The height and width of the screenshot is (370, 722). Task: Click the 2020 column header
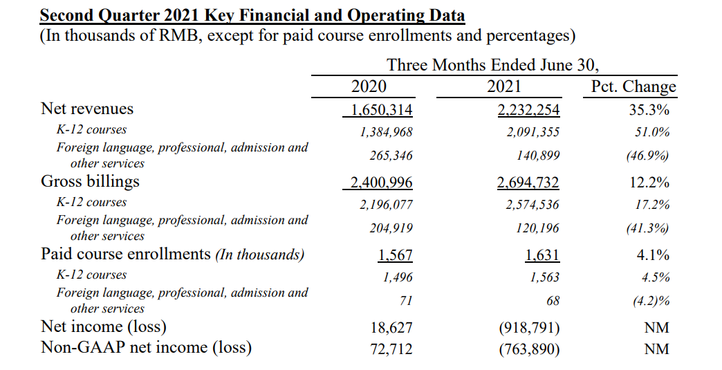coord(369,86)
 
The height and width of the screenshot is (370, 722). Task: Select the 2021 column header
coord(503,86)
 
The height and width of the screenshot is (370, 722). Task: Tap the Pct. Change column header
coord(633,87)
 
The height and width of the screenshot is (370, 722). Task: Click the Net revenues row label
coord(87,109)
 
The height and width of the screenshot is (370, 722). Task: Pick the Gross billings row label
coord(90,182)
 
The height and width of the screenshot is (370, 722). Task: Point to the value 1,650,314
coord(382,111)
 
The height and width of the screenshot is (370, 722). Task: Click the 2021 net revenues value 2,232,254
coord(528,111)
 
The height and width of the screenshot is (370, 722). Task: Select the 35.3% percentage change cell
coord(649,110)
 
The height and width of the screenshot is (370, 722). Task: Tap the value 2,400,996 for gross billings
coord(382,183)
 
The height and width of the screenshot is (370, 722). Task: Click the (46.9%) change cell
coord(647,156)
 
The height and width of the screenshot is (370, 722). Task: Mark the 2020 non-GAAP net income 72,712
coord(391,349)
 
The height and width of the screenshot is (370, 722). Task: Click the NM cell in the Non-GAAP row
coord(656,349)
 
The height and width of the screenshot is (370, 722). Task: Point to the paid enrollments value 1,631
coord(542,255)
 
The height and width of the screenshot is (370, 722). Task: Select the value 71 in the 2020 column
coord(406,301)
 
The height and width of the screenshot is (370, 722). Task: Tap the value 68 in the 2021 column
coord(553,301)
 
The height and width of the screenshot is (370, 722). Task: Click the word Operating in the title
coord(385,16)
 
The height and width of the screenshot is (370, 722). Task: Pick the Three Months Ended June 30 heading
coord(492,65)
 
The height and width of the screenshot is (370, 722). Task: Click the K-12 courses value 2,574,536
coord(533,205)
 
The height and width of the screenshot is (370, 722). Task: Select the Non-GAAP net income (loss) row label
coord(146,347)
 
